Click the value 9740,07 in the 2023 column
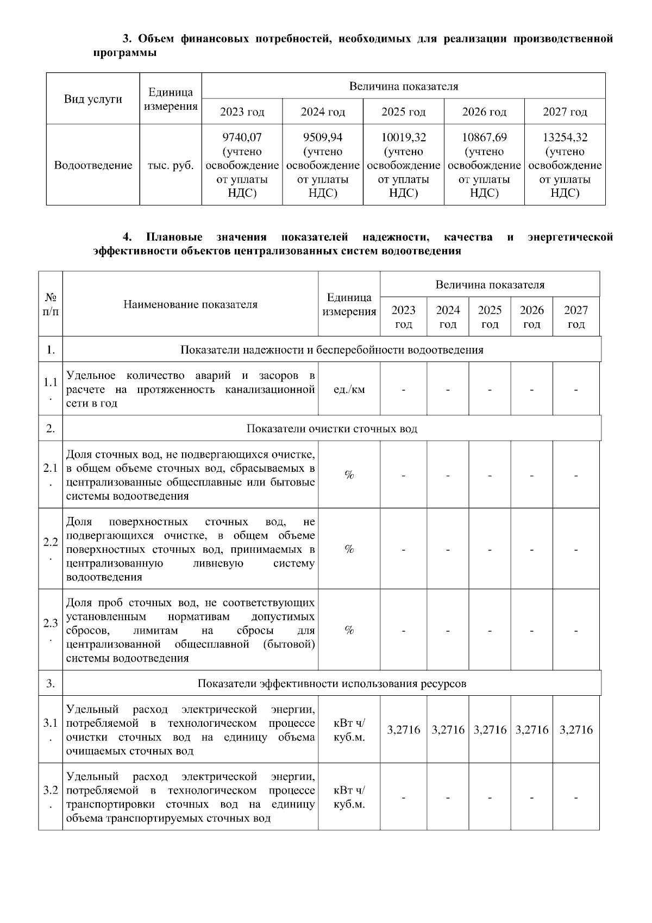pos(242,138)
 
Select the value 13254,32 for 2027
pos(565,138)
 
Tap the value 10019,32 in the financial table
pos(403,138)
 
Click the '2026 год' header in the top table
pos(484,112)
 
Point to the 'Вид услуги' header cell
pos(93,99)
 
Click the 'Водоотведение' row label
pos(93,165)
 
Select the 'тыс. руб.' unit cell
pos(171,165)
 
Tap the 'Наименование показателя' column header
pos(190,304)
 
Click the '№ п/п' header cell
pos(51,304)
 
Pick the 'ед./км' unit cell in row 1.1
pos(349,390)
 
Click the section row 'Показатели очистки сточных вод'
pos(331,429)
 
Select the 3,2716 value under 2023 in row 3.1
pos(403,730)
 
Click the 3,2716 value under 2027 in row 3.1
pos(576,730)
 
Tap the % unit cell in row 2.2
pos(349,549)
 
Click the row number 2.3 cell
pos(51,629)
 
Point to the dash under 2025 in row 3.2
pos(490,797)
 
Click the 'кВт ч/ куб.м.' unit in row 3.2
pos(349,797)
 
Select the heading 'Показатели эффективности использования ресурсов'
pos(331,684)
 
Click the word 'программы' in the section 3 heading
pos(125,53)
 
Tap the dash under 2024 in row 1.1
pos(448,390)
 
